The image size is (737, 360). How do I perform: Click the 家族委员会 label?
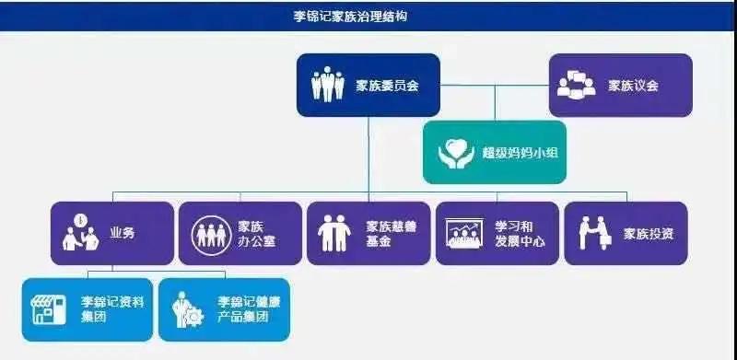(x=387, y=86)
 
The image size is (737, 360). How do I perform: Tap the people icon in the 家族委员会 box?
(x=327, y=86)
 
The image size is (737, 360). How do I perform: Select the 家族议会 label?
(x=634, y=86)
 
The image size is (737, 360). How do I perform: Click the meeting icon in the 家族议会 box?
(x=578, y=86)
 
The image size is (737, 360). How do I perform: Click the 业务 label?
(x=122, y=233)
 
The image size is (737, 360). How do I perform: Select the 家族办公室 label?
(x=256, y=234)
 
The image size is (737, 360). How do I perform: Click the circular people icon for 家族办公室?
(x=211, y=234)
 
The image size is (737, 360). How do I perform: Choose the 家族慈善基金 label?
(x=391, y=234)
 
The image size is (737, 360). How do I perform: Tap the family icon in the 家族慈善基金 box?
(x=333, y=234)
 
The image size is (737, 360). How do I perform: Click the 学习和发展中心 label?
(x=520, y=234)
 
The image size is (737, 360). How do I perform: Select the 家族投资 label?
(x=648, y=234)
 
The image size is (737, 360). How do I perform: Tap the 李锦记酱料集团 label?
(x=102, y=309)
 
